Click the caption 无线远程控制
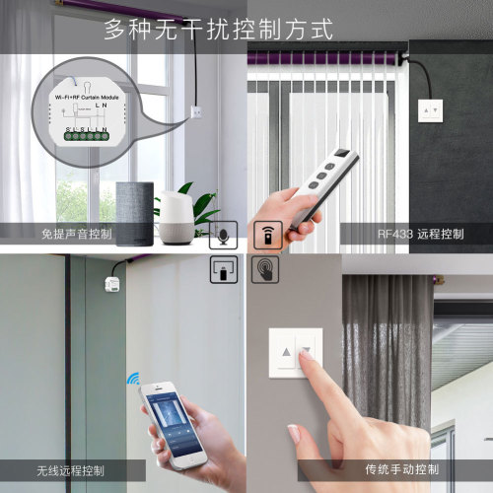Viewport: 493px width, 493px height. (x=70, y=469)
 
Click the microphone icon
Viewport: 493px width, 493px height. (x=224, y=236)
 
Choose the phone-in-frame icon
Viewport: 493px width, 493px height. (x=224, y=268)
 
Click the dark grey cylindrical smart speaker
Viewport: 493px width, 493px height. (x=135, y=213)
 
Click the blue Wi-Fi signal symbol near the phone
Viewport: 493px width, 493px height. (x=132, y=381)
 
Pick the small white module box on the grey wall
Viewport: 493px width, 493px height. (x=110, y=285)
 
